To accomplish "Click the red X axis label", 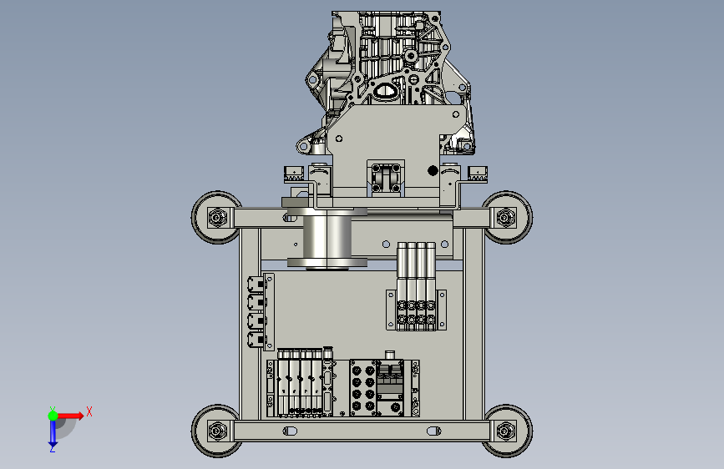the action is click(89, 411).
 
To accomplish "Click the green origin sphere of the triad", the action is click(53, 416).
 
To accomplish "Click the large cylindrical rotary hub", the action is click(327, 238).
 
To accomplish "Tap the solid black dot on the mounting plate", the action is click(433, 171).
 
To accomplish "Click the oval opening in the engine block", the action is click(384, 90).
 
